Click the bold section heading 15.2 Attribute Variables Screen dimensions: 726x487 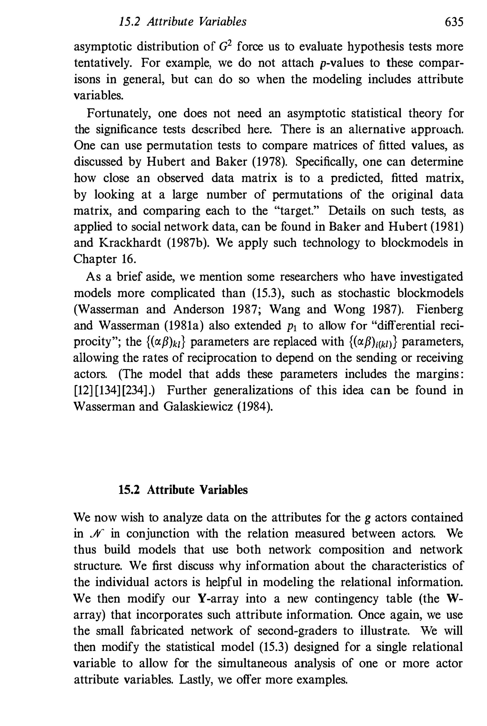(x=183, y=490)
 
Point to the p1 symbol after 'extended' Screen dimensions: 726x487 (x=291, y=326)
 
